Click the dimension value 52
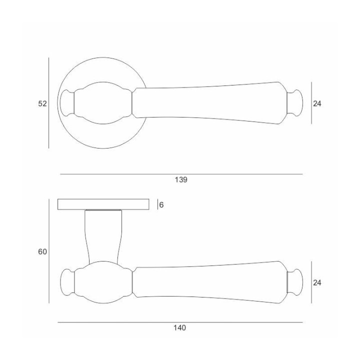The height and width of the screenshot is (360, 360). [42, 103]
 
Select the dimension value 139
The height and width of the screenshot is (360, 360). [181, 180]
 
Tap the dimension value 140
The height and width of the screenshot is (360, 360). [180, 327]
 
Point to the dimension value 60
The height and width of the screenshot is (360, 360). [42, 252]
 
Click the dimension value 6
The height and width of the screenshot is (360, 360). [161, 205]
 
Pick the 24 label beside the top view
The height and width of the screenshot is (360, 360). [317, 104]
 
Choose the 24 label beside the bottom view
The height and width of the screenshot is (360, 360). [317, 283]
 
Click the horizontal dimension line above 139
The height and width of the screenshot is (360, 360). [181, 174]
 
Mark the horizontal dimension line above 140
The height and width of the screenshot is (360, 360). [180, 322]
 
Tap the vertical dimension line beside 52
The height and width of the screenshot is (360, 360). [48, 103]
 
